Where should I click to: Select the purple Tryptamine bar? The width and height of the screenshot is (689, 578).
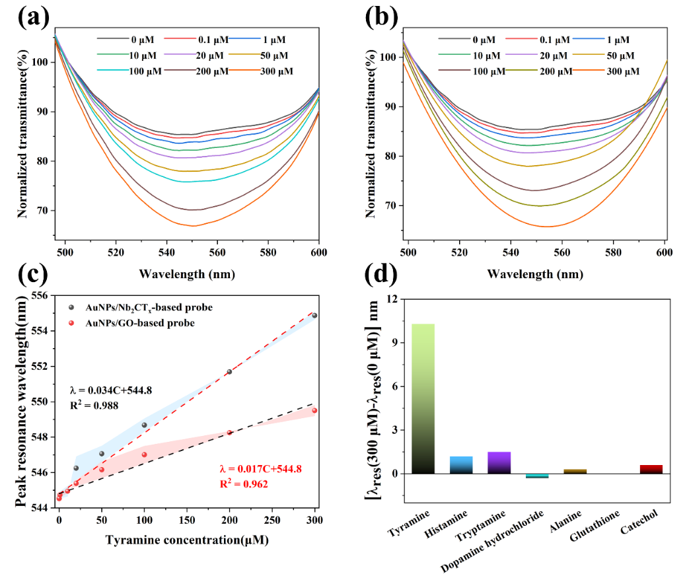click(x=499, y=462)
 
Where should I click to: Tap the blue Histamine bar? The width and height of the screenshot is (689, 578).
click(x=461, y=465)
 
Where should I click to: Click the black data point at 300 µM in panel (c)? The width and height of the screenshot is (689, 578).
click(x=314, y=316)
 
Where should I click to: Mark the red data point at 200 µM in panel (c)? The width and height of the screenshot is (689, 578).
click(x=229, y=433)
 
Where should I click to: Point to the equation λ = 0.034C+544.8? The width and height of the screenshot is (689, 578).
click(x=110, y=390)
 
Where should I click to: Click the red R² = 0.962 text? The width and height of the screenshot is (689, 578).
click(x=244, y=484)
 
